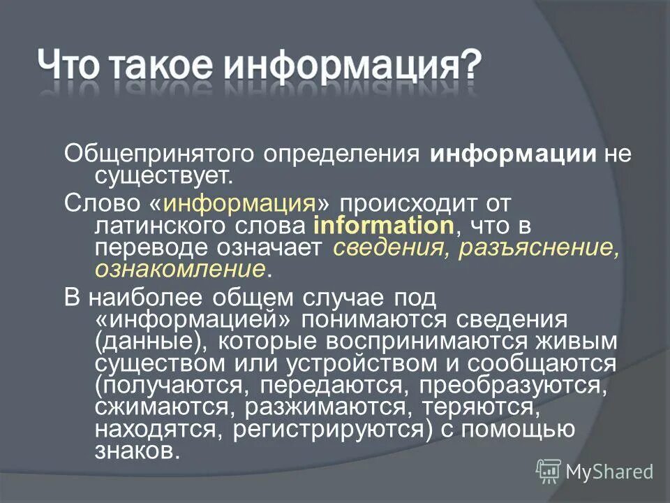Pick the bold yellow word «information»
pyautogui.click(x=384, y=226)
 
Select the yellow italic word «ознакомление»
pyautogui.click(x=180, y=270)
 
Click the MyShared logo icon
pyautogui.click(x=549, y=472)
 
